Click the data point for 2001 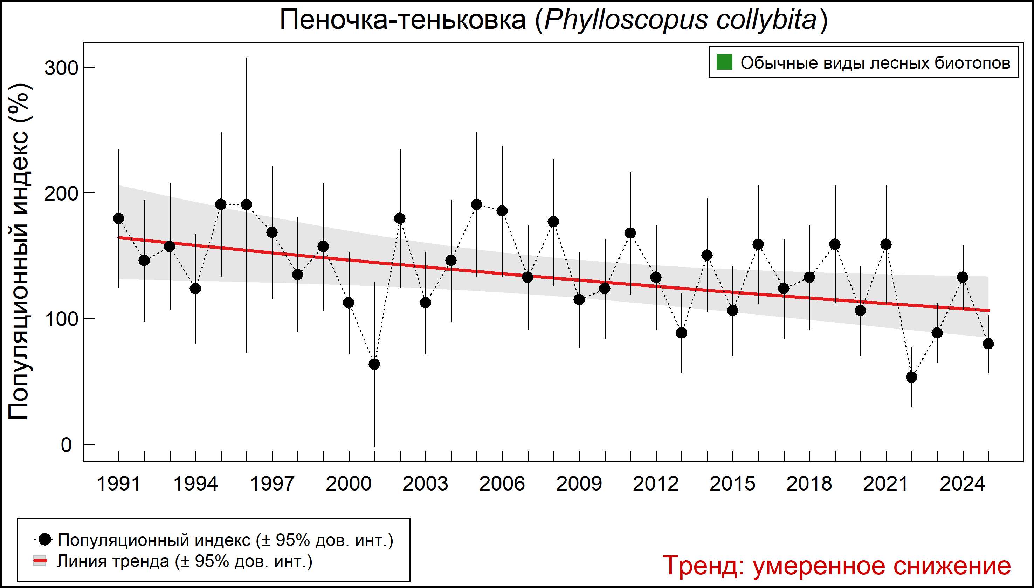[x=374, y=364]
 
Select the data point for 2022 [x=911, y=377]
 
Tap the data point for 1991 [x=119, y=218]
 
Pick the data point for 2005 [x=476, y=204]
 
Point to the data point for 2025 [x=988, y=344]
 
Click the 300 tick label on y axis [x=61, y=68]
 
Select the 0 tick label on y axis [x=66, y=445]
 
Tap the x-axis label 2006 [x=502, y=484]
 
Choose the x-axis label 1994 [x=195, y=484]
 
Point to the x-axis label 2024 [x=963, y=484]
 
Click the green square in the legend [x=724, y=63]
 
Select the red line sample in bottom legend [x=40, y=561]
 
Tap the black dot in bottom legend [x=46, y=539]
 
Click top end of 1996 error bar [x=247, y=58]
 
